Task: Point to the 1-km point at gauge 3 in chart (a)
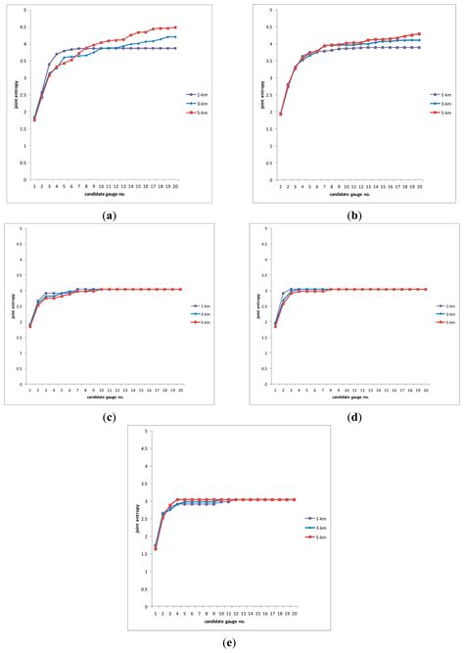pyautogui.click(x=50, y=65)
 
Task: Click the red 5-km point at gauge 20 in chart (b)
pyautogui.click(x=420, y=34)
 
